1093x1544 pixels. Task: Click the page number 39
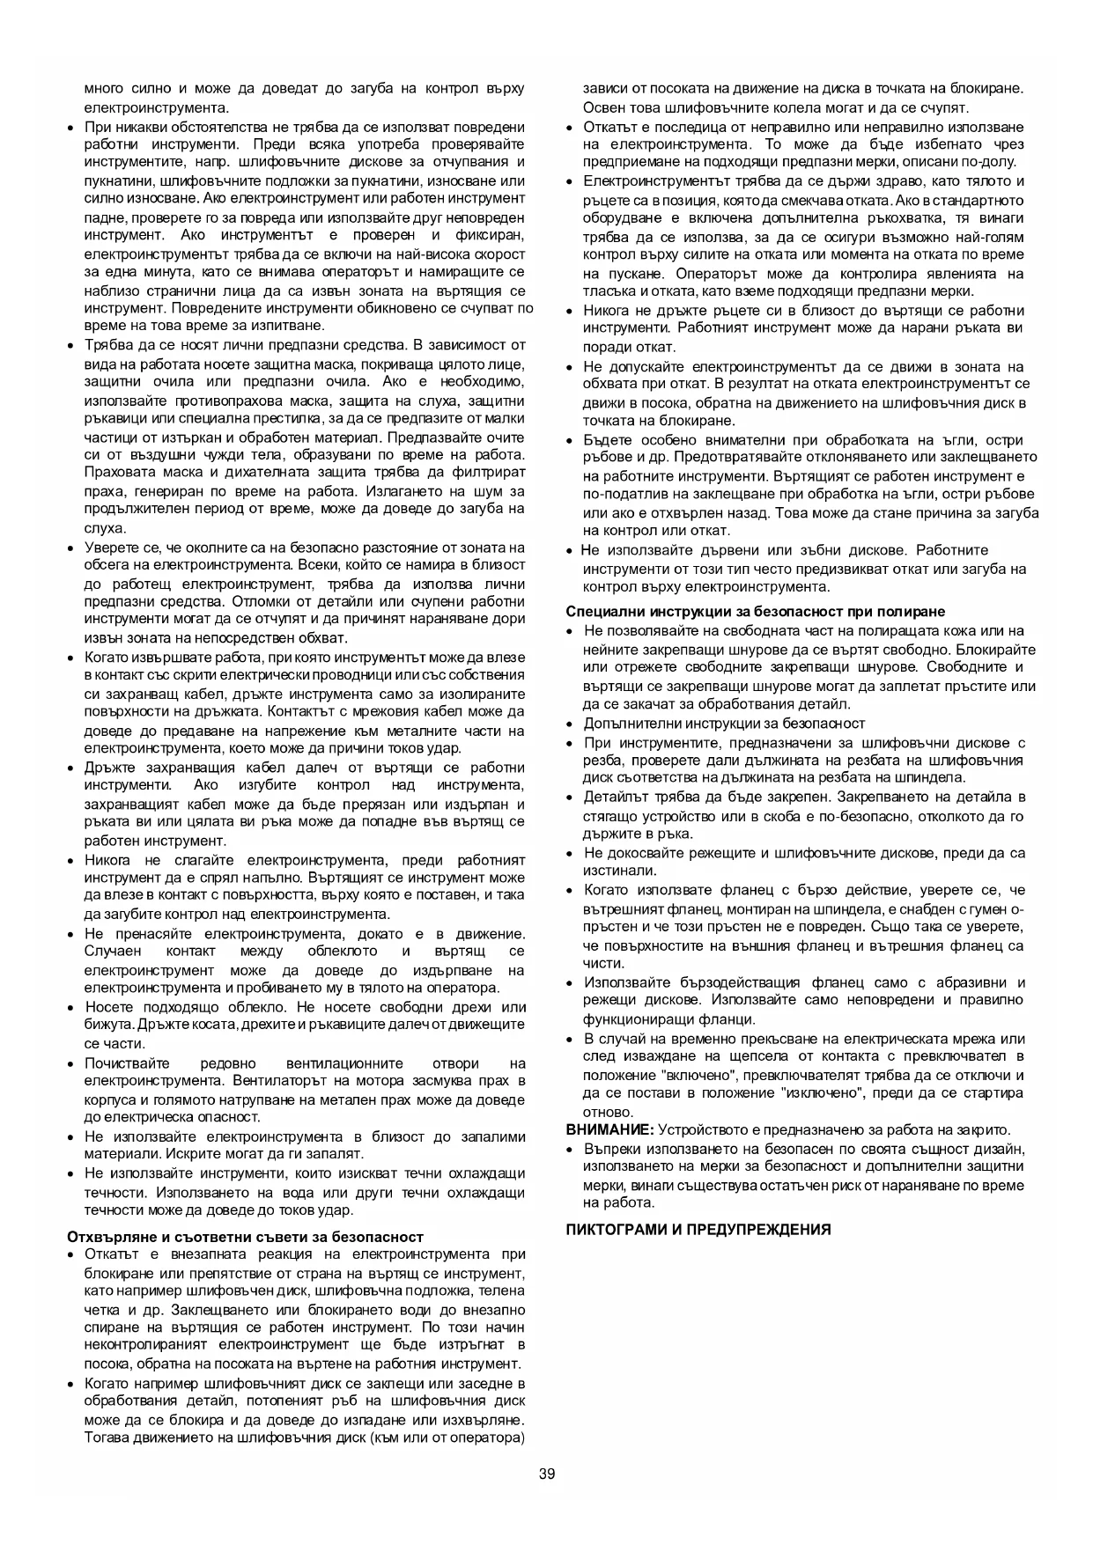[x=547, y=1474]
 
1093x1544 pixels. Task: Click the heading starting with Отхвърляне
[x=246, y=1236]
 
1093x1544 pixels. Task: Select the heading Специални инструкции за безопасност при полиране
[x=755, y=611]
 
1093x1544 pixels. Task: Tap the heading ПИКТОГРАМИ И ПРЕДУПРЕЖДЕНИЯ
[x=698, y=1229]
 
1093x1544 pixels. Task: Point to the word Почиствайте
[x=127, y=1062]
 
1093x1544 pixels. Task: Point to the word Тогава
[x=107, y=1437]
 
